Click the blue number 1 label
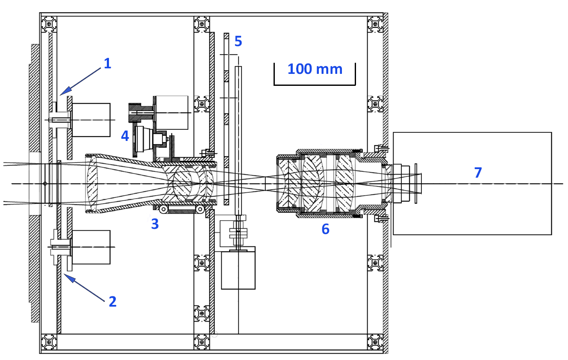(x=107, y=64)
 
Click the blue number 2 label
(x=112, y=301)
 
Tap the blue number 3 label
(x=155, y=224)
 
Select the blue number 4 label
(x=125, y=136)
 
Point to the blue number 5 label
(x=238, y=42)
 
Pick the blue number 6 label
(x=325, y=229)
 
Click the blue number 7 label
(x=478, y=173)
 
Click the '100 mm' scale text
(x=315, y=69)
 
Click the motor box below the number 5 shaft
(x=238, y=270)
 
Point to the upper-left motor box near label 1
(x=91, y=120)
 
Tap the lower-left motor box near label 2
(x=91, y=247)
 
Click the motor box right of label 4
(x=171, y=113)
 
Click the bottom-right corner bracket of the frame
(x=375, y=342)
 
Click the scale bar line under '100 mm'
(x=315, y=85)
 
